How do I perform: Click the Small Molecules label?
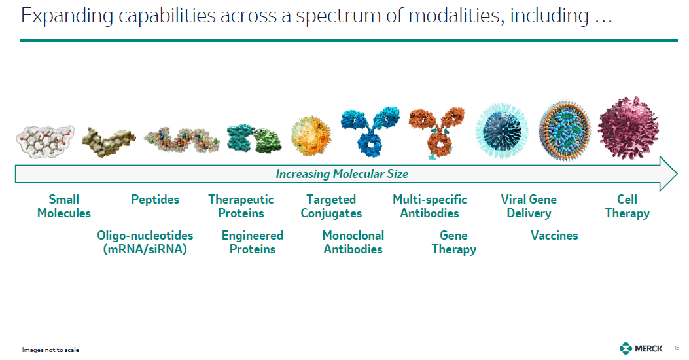click(x=63, y=206)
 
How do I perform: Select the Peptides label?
click(x=155, y=200)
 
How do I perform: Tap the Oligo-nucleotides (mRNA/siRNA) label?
click(x=145, y=242)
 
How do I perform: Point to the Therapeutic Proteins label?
click(x=241, y=206)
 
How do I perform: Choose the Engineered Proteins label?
click(x=252, y=242)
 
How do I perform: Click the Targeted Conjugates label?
click(x=331, y=206)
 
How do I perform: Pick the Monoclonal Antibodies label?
click(x=353, y=242)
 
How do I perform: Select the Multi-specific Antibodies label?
click(x=430, y=206)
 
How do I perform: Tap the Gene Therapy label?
click(x=454, y=242)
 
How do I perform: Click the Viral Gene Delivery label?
click(x=529, y=206)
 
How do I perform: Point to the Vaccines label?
click(x=555, y=236)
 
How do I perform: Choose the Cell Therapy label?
click(x=627, y=206)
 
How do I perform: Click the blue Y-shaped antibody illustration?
click(x=370, y=131)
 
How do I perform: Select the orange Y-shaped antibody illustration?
click(x=436, y=132)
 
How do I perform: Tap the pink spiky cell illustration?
click(x=628, y=128)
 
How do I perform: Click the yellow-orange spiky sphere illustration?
click(x=311, y=136)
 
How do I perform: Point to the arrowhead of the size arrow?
click(x=677, y=173)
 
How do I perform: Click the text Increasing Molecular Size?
click(x=342, y=174)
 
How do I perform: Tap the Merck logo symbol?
click(x=626, y=348)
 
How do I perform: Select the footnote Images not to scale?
click(x=50, y=350)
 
